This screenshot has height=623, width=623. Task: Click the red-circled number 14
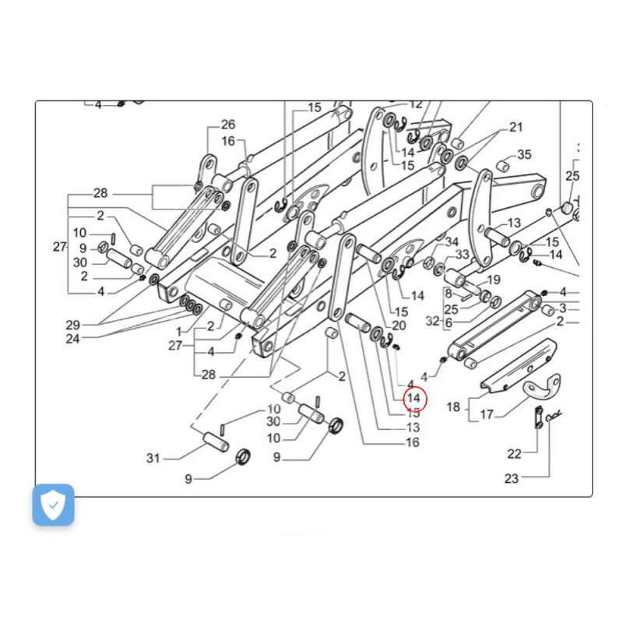point(414,398)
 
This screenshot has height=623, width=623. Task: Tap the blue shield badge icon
point(53,505)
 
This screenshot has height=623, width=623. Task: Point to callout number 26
point(227,125)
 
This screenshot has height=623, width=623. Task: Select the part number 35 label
point(524,154)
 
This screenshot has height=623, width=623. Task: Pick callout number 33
point(463,255)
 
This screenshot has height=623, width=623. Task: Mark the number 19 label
point(493,280)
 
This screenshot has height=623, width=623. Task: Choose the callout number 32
point(433,320)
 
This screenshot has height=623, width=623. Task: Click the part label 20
point(399,326)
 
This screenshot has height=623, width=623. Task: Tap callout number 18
point(454,407)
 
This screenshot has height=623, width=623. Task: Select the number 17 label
point(487,415)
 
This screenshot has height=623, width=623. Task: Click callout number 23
point(511,479)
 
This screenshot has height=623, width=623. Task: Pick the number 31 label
point(153,458)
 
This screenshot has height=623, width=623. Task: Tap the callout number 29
point(73,324)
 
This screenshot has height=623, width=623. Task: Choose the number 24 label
point(73,339)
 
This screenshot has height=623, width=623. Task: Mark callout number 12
point(416,104)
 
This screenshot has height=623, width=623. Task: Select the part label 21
point(516,128)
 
